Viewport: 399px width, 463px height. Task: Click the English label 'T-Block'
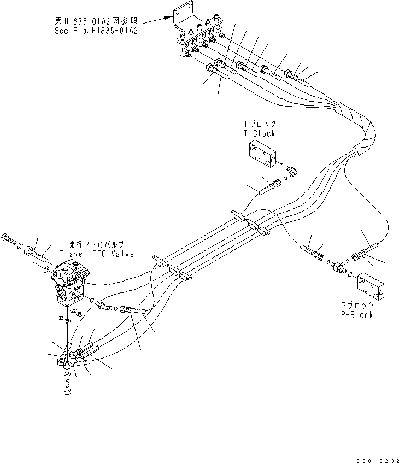coord(260,133)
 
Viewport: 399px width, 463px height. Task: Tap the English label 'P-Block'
coord(355,315)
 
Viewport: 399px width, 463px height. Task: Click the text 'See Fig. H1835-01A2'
coord(96,31)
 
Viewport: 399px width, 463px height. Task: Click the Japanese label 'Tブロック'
coord(260,125)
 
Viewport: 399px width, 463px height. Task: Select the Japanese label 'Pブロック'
coord(356,306)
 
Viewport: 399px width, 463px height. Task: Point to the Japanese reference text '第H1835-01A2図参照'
coord(96,21)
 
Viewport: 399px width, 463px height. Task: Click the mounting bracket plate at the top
coord(183,22)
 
